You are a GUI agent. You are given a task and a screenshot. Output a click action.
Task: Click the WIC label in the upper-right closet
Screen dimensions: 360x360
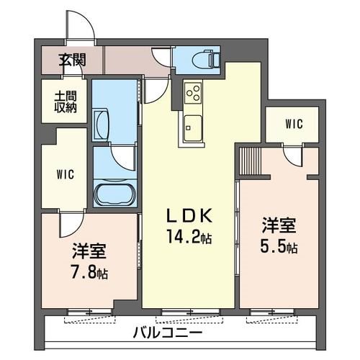coord(294,123)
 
